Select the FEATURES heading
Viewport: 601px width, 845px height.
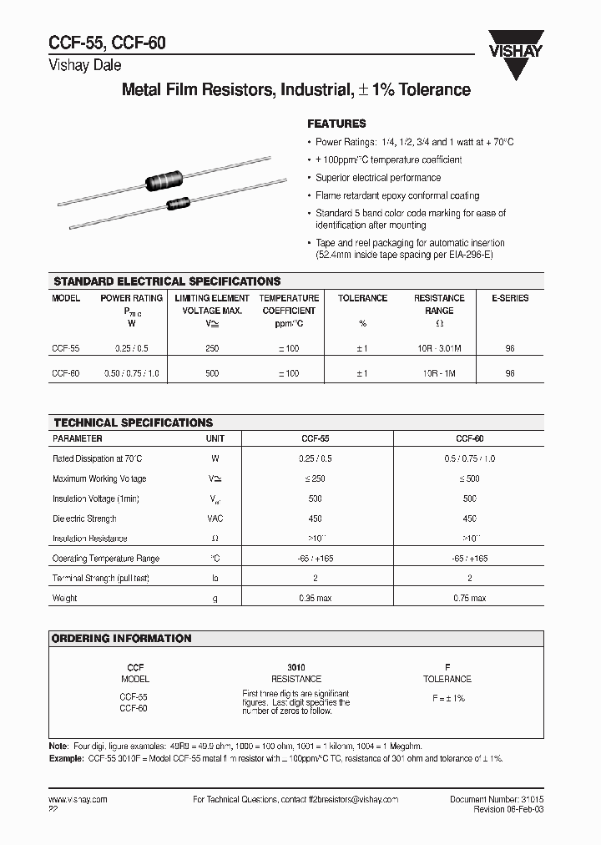pos(336,123)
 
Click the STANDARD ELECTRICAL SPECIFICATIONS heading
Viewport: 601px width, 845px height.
pos(167,281)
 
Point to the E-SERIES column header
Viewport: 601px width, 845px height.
pos(509,298)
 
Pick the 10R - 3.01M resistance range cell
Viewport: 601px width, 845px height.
pos(439,348)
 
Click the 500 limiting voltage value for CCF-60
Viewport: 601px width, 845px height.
pos(211,373)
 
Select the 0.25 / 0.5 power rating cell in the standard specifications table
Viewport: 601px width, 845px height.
pos(131,348)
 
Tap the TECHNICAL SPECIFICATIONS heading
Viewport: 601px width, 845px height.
pos(133,422)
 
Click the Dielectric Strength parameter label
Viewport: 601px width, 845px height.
pos(84,519)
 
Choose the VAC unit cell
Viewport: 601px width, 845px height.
pos(215,519)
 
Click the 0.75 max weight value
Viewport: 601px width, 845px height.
pos(469,598)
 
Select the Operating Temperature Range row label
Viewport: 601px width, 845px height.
pos(105,559)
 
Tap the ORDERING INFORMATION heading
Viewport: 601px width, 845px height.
pos(122,638)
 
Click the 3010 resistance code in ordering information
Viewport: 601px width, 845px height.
pos(296,668)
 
